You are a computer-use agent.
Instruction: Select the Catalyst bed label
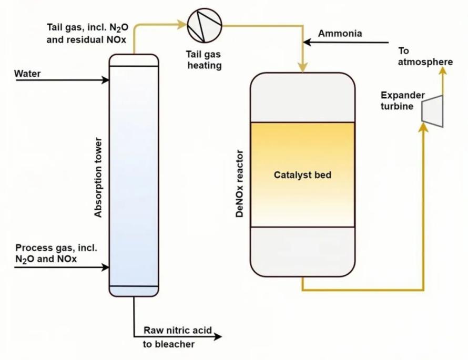(x=302, y=175)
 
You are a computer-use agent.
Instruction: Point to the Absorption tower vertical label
(x=98, y=178)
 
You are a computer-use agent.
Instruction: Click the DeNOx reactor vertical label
(x=240, y=186)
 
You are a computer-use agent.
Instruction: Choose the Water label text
(x=27, y=74)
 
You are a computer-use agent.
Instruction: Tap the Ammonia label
(x=340, y=34)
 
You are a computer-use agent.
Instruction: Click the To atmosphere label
(x=425, y=57)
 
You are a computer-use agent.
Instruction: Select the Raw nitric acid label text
(x=178, y=331)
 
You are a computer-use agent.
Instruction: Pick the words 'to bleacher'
(x=169, y=345)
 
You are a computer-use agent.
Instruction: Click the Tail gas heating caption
(x=204, y=60)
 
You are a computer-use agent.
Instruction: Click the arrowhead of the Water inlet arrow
(x=106, y=80)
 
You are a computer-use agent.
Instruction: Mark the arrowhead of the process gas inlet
(x=106, y=267)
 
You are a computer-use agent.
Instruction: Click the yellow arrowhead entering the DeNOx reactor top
(x=302, y=67)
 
